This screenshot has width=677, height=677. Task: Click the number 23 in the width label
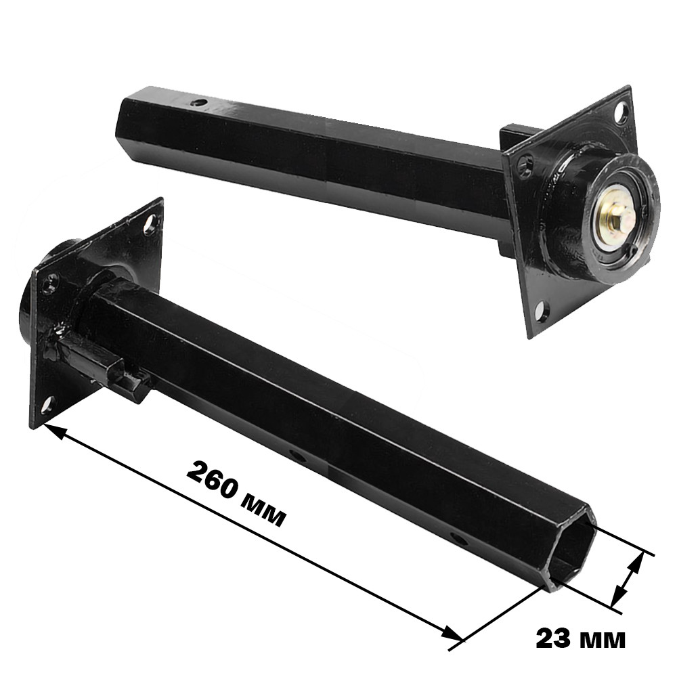coord(552,639)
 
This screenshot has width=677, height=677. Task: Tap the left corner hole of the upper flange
coord(525,166)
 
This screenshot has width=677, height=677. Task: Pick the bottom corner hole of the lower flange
coord(48,404)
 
